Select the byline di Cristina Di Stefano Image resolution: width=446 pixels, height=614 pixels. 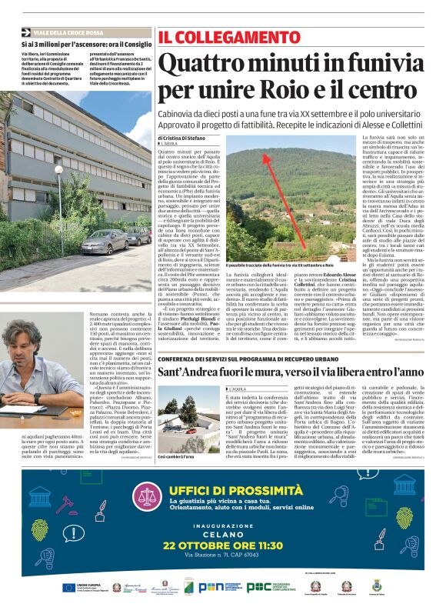tap(181, 137)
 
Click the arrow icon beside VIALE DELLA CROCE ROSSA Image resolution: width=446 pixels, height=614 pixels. tap(26, 32)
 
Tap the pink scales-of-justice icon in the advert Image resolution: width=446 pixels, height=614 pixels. tap(147, 498)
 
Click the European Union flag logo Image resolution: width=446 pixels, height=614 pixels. tap(70, 588)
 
